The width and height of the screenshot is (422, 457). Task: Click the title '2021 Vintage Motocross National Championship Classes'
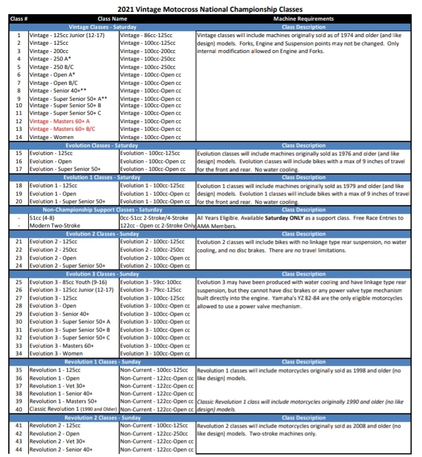click(210, 9)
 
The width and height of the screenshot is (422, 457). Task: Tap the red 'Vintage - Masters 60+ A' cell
click(60, 121)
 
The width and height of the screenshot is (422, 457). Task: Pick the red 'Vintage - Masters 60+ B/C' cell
click(62, 128)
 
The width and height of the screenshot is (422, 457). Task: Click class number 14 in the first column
click(18, 137)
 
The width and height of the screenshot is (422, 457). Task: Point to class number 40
click(18, 409)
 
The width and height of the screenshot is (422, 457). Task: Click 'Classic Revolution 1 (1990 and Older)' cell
click(73, 409)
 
